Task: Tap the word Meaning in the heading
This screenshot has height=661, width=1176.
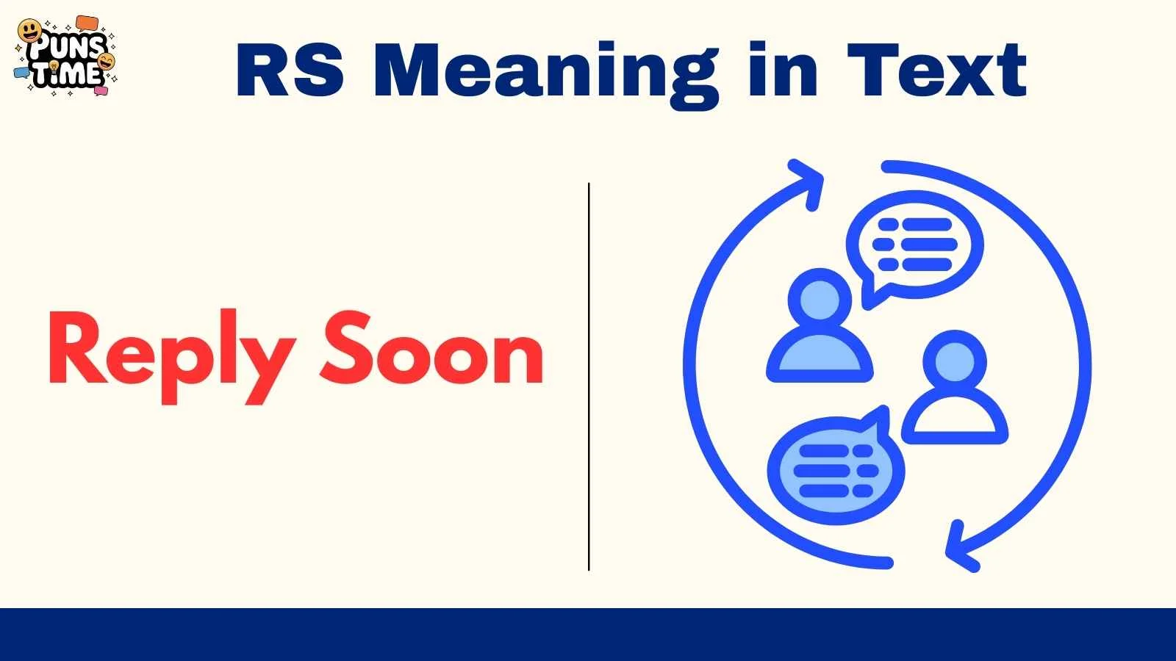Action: (x=545, y=72)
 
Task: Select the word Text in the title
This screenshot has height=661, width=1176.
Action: (x=936, y=71)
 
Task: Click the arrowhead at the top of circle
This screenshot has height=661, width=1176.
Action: (x=809, y=182)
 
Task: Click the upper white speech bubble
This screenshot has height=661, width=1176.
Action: (x=916, y=245)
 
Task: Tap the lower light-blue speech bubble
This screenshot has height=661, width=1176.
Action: (x=834, y=470)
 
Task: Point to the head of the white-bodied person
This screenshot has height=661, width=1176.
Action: (x=954, y=360)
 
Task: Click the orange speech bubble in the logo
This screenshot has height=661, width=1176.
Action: (x=87, y=23)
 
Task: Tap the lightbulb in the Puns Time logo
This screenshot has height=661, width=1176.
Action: (x=54, y=67)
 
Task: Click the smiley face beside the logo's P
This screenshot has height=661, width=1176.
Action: (x=29, y=30)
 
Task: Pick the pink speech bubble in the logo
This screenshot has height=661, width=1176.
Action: (x=101, y=90)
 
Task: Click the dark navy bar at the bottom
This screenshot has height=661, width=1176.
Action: (x=588, y=635)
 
